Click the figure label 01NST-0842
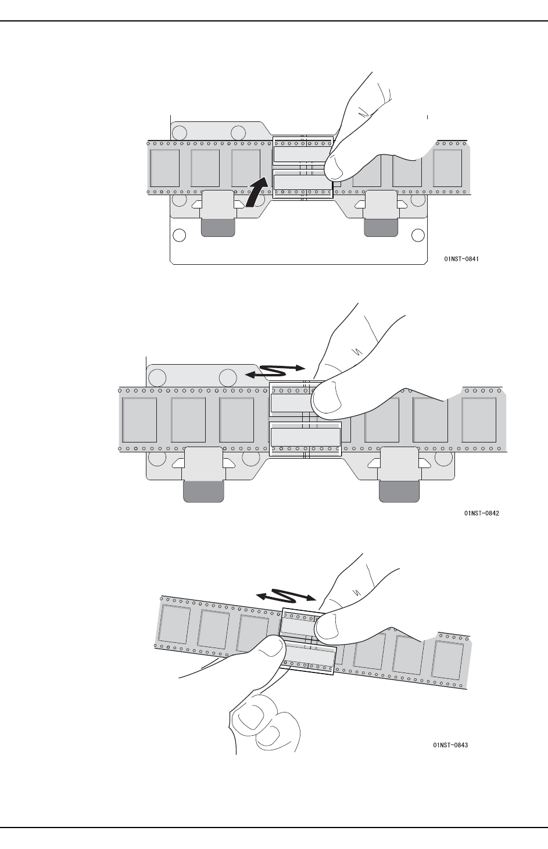pos(482,513)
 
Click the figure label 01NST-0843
pos(450,745)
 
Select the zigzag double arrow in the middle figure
pos(275,372)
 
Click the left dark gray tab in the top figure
pos(218,228)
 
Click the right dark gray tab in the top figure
pos(381,228)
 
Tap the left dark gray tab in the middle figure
pos(203,491)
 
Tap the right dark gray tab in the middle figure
pos(399,491)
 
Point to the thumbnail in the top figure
pos(340,169)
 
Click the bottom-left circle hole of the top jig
pos(180,235)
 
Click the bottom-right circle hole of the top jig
pos(418,235)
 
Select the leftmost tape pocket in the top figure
pos(165,168)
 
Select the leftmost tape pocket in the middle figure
pos(139,419)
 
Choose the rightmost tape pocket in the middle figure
pos(479,419)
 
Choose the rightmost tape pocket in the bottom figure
pos(447,660)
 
